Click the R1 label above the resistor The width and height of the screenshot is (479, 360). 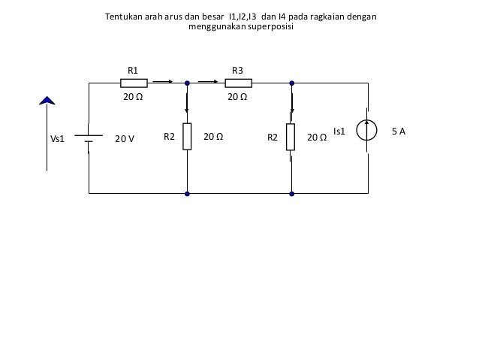(x=133, y=70)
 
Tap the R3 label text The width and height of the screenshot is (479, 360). (x=237, y=70)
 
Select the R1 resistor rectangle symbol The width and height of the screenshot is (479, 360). (x=134, y=83)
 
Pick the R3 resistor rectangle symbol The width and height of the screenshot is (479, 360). (x=237, y=83)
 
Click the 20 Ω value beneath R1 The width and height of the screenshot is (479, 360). (x=133, y=97)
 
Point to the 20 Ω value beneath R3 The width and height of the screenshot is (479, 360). (x=237, y=97)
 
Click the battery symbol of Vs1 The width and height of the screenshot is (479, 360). (x=89, y=138)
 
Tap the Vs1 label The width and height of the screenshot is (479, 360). (x=58, y=138)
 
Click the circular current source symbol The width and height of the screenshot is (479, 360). (x=368, y=132)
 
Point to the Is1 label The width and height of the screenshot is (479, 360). (x=339, y=132)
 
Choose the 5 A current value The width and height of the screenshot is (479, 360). (x=399, y=132)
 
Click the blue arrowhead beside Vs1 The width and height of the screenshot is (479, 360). (x=47, y=100)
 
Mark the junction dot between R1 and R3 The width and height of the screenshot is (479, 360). (x=187, y=83)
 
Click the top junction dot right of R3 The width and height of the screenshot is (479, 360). (x=291, y=83)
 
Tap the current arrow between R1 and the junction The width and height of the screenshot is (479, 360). (x=163, y=83)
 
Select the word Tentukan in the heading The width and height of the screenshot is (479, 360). (x=125, y=16)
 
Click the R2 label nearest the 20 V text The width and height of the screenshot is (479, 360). (x=169, y=138)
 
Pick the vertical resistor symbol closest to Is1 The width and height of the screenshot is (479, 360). (x=291, y=137)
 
